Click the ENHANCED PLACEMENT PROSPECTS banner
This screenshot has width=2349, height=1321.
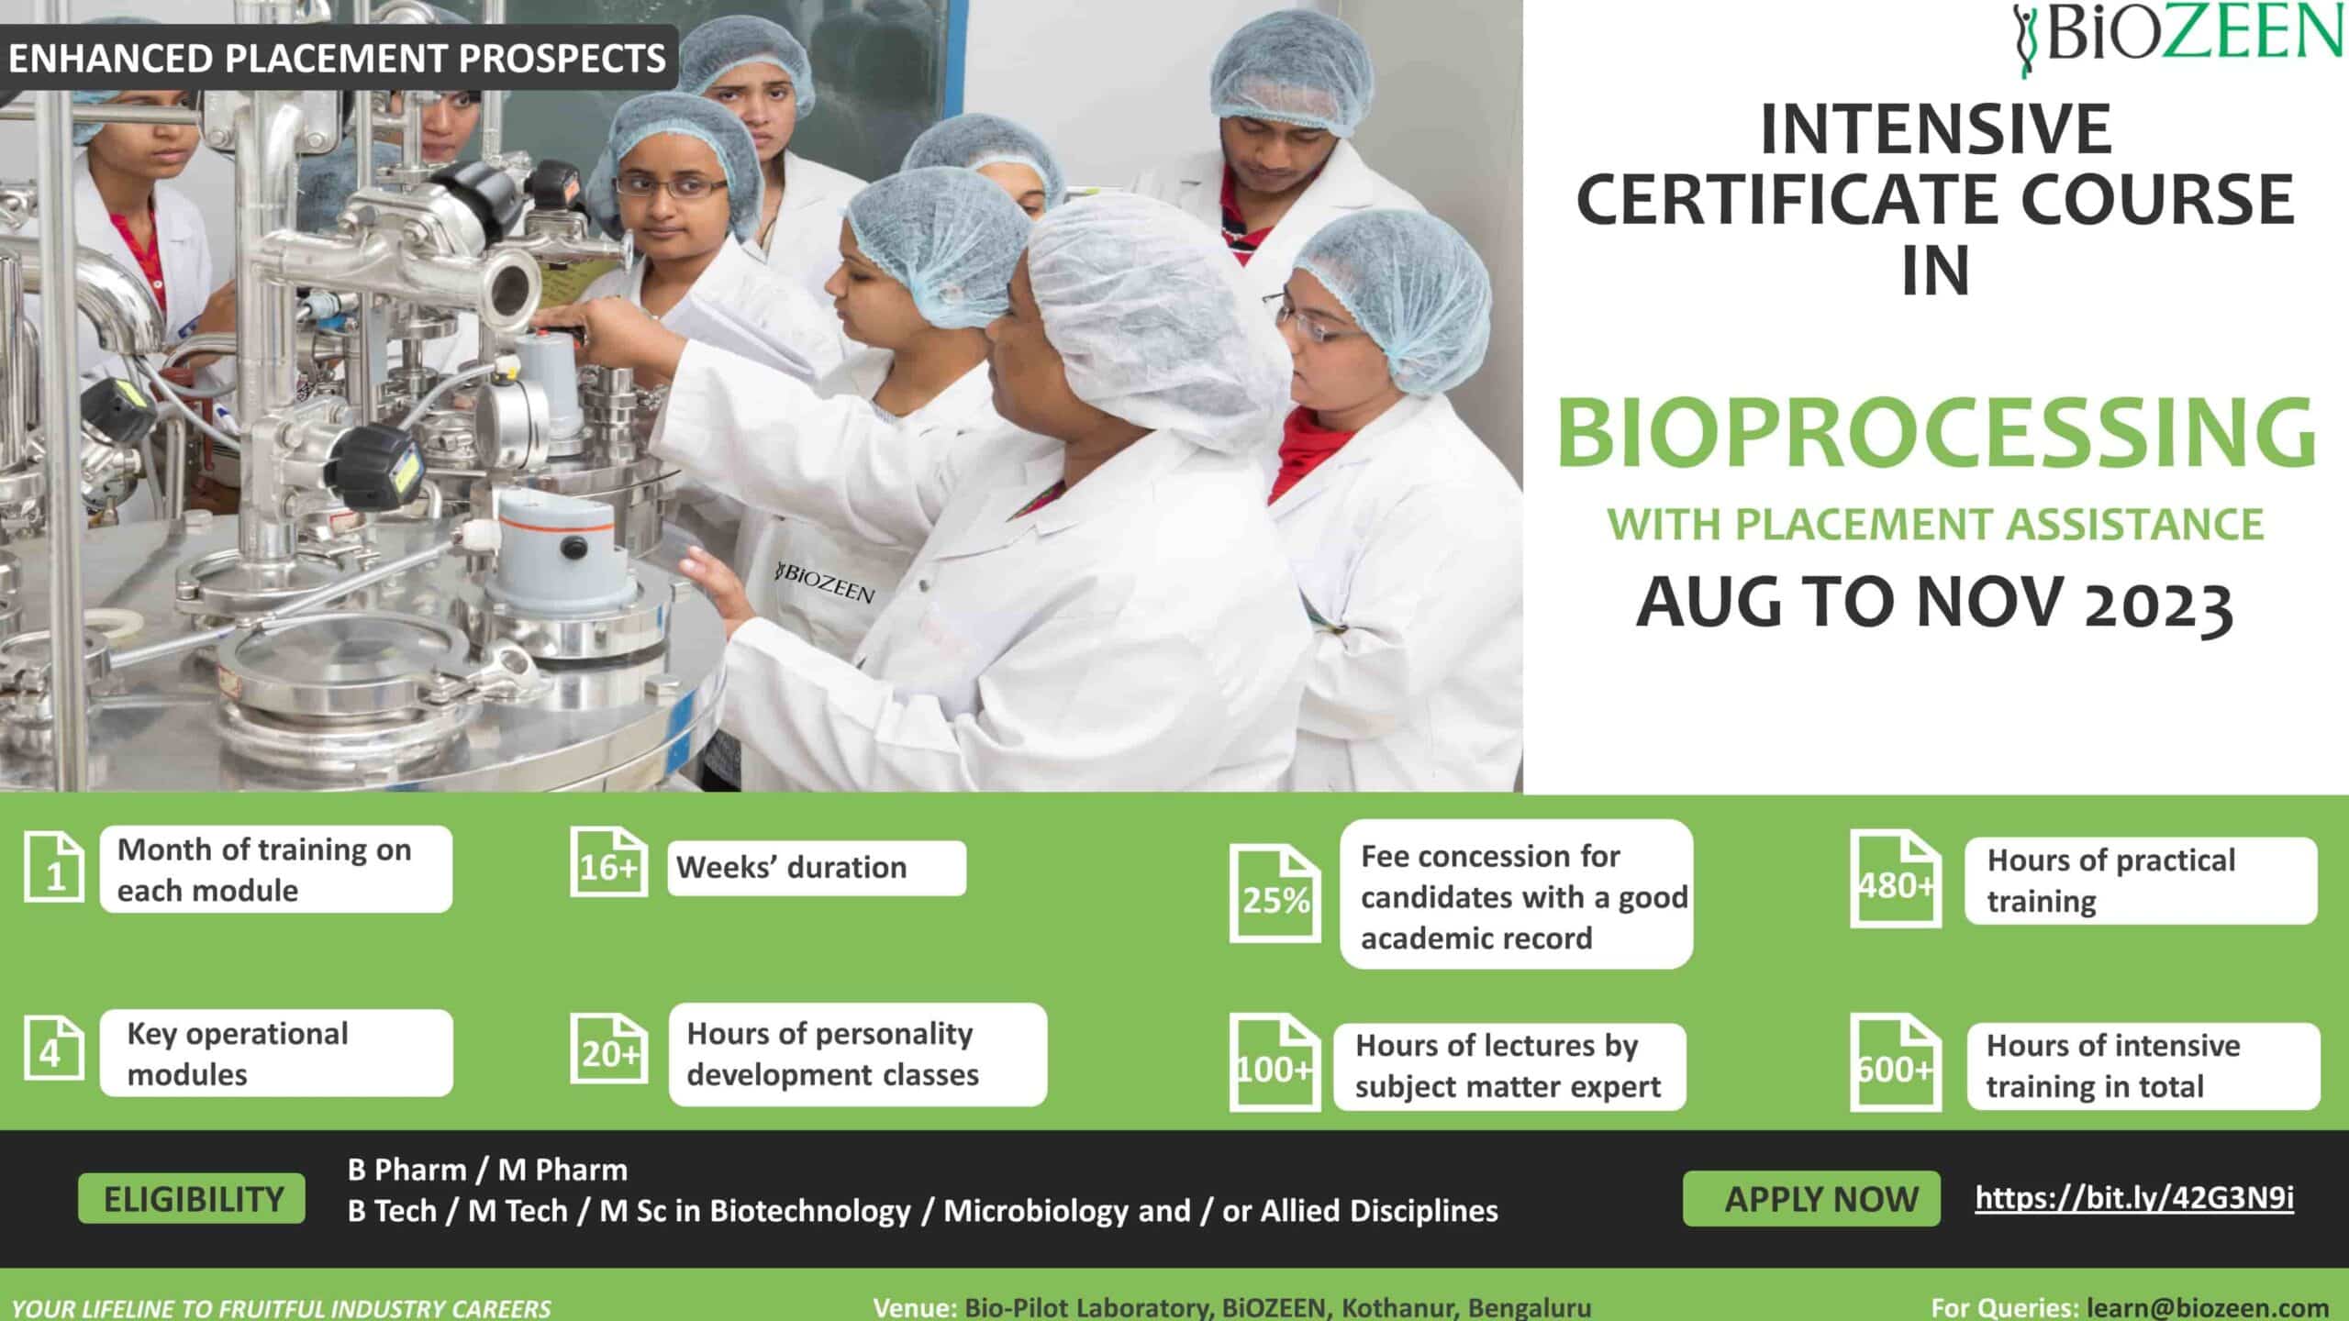(337, 58)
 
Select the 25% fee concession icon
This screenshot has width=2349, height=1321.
(1275, 893)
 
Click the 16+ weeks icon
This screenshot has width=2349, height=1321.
(608, 861)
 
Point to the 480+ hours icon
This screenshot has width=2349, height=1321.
(1896, 879)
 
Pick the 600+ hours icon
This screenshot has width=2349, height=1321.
(1896, 1062)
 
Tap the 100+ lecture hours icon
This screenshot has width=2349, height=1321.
(1275, 1062)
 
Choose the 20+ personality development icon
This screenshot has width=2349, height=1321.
(608, 1049)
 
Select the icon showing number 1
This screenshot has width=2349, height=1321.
(53, 867)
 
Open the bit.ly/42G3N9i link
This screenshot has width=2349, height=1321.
(2134, 1198)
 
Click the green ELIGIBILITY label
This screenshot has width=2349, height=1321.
(192, 1198)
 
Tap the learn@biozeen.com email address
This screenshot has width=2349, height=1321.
(2208, 1307)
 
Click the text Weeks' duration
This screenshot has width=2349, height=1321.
(791, 867)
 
